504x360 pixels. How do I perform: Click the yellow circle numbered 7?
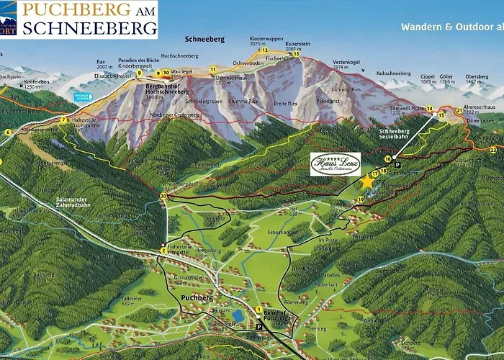64,120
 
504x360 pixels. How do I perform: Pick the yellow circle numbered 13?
296,53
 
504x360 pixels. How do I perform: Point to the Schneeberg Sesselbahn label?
395,135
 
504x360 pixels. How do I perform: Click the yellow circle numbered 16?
388,158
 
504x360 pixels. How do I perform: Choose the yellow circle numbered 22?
492,149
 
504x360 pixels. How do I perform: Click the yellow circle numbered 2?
164,251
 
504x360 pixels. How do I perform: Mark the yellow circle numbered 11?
213,69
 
